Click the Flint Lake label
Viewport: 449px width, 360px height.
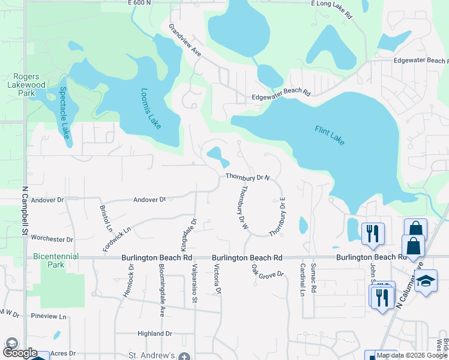click(330, 136)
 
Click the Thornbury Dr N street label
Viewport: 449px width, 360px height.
click(248, 177)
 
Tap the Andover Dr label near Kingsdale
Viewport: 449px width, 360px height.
click(149, 199)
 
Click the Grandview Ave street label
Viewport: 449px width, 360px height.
click(184, 41)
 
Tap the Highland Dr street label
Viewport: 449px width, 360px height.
click(154, 334)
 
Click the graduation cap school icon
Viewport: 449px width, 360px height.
click(426, 281)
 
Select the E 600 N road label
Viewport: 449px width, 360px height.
click(139, 4)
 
